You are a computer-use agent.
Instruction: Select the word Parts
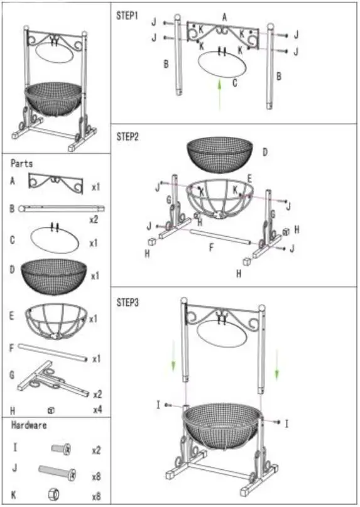(22, 163)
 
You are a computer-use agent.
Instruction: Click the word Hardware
(30, 425)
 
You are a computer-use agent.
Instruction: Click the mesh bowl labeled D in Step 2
(220, 154)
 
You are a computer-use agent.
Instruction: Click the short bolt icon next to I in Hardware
(61, 449)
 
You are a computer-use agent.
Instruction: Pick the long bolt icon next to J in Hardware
(58, 471)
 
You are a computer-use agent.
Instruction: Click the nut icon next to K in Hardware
(62, 495)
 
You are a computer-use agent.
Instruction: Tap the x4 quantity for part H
(97, 410)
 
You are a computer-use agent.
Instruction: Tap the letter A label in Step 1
(225, 17)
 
